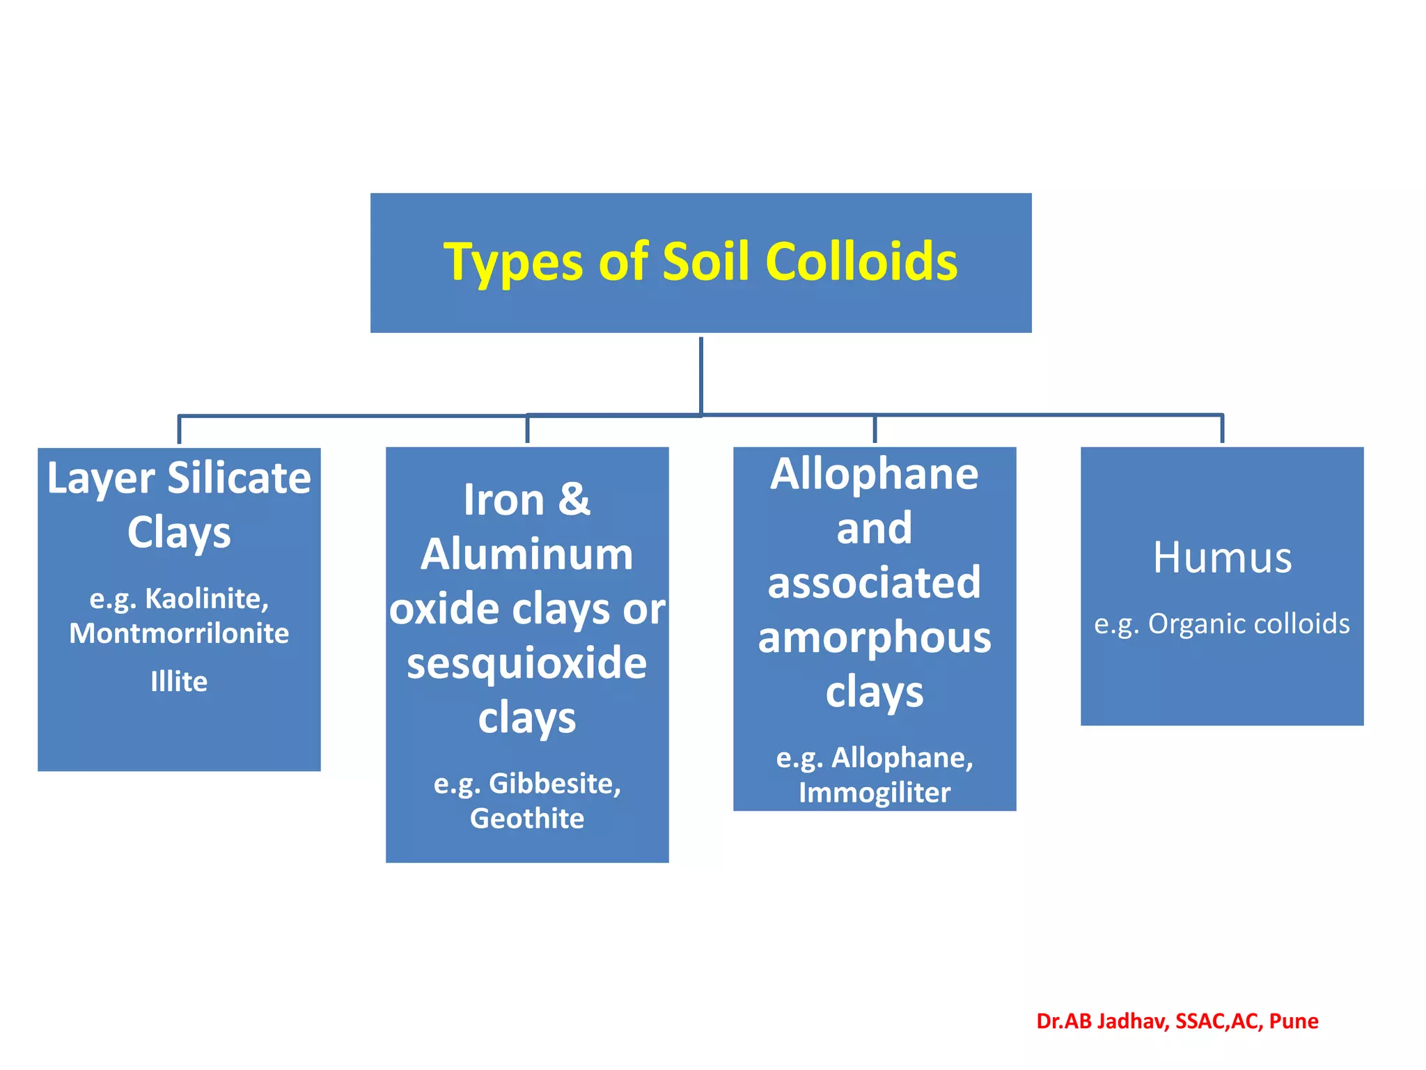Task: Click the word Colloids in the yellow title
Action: pyautogui.click(x=861, y=262)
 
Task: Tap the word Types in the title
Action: pyautogui.click(x=512, y=263)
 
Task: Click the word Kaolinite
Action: pyautogui.click(x=206, y=598)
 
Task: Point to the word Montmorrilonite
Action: pyautogui.click(x=179, y=633)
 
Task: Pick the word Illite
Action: pyautogui.click(x=179, y=681)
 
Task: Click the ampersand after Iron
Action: pyautogui.click(x=574, y=499)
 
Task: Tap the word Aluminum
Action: pyautogui.click(x=527, y=555)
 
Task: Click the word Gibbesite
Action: pyautogui.click(x=554, y=784)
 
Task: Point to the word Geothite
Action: pyautogui.click(x=527, y=819)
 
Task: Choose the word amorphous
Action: pyautogui.click(x=875, y=637)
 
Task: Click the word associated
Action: pyautogui.click(x=875, y=582)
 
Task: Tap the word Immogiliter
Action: pyautogui.click(x=875, y=793)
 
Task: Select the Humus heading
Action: pyautogui.click(x=1222, y=557)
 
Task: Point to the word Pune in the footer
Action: pyautogui.click(x=1294, y=1021)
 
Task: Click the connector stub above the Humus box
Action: pyautogui.click(x=1222, y=429)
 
